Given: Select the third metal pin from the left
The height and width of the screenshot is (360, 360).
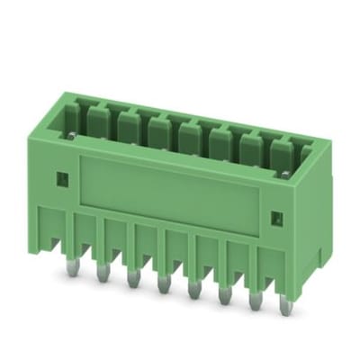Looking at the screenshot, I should pyautogui.click(x=132, y=280).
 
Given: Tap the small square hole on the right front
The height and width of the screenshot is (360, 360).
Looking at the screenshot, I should pyautogui.click(x=277, y=218).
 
